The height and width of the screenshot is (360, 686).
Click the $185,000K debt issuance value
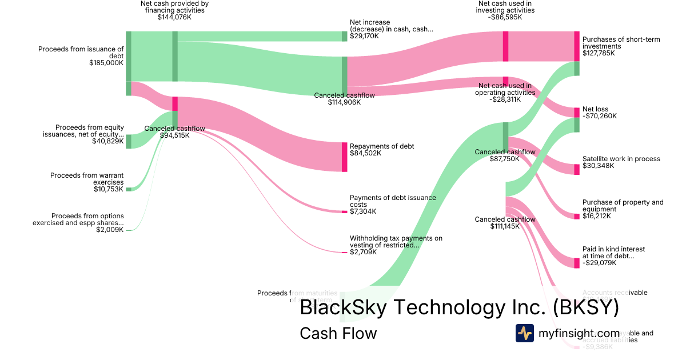(106, 63)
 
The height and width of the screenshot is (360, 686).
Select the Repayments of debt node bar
(344, 157)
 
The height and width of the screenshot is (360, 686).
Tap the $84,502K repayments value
(365, 153)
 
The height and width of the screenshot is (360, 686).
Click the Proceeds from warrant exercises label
(87, 179)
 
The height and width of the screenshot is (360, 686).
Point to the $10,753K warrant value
(109, 189)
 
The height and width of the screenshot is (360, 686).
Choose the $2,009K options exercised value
(110, 230)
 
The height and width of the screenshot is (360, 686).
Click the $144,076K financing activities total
(174, 17)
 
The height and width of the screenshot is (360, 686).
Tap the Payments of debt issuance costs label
(393, 201)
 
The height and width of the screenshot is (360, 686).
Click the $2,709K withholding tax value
(363, 252)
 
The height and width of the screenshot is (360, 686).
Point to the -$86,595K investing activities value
(506, 17)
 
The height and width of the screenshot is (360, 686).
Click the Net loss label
(595, 109)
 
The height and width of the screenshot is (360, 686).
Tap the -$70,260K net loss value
(599, 116)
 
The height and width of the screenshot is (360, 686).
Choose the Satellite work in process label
(621, 159)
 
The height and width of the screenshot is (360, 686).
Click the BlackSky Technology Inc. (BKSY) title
(459, 308)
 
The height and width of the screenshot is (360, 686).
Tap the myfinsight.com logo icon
(524, 333)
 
